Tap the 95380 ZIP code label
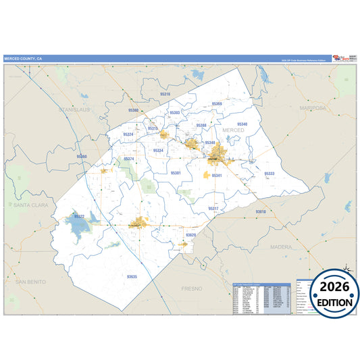click(x=133, y=109)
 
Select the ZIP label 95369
click(x=217, y=104)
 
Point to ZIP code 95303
click(x=175, y=112)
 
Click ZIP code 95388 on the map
click(x=201, y=126)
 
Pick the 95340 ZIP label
click(x=242, y=124)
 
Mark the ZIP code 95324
click(x=128, y=134)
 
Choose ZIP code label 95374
click(x=129, y=159)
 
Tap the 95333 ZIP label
click(x=269, y=174)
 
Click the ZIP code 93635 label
click(x=132, y=276)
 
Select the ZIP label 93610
click(x=261, y=212)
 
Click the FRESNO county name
click(x=191, y=288)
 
